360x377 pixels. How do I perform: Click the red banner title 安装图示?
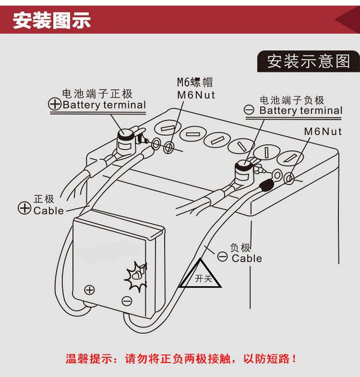tap(52, 21)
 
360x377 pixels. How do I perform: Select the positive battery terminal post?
tap(127, 138)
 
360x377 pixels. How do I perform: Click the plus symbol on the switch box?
tap(89, 290)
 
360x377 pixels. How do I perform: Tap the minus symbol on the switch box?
tap(127, 301)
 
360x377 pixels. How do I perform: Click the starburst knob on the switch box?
tap(136, 277)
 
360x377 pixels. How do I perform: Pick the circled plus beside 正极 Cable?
tap(24, 208)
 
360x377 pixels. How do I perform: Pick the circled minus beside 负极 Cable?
tap(223, 256)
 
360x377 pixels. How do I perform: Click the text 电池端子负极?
tap(292, 100)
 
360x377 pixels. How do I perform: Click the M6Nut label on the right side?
tap(323, 131)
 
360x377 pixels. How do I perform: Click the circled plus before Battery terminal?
tap(55, 104)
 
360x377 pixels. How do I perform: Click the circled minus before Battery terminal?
tap(250, 110)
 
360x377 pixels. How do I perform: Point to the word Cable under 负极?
tap(247, 258)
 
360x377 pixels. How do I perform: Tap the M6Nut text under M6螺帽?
tap(196, 95)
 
